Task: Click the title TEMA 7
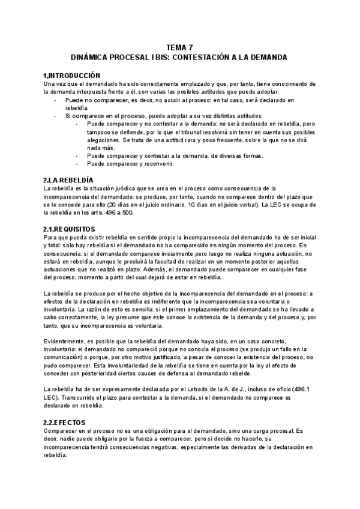[179, 47]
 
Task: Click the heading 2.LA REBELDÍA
[68, 179]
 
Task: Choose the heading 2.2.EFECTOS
[65, 423]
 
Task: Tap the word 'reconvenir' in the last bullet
[157, 163]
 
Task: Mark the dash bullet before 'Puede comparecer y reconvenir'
[78, 163]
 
